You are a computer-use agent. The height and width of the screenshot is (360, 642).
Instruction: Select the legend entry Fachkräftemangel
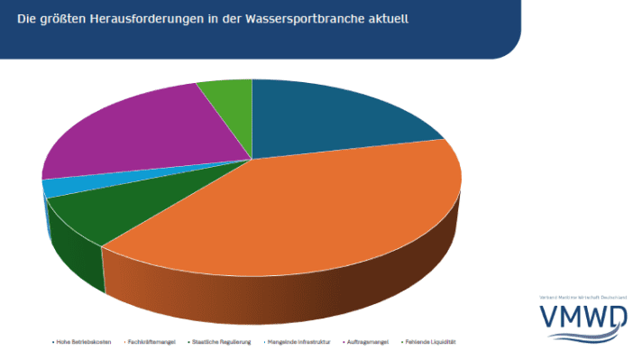pos(152,343)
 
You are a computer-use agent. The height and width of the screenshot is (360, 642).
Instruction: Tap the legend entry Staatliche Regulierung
pos(221,343)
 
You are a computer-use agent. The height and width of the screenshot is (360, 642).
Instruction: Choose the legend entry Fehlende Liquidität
pos(432,343)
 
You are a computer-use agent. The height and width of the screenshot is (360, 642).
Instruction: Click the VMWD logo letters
pos(584,318)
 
